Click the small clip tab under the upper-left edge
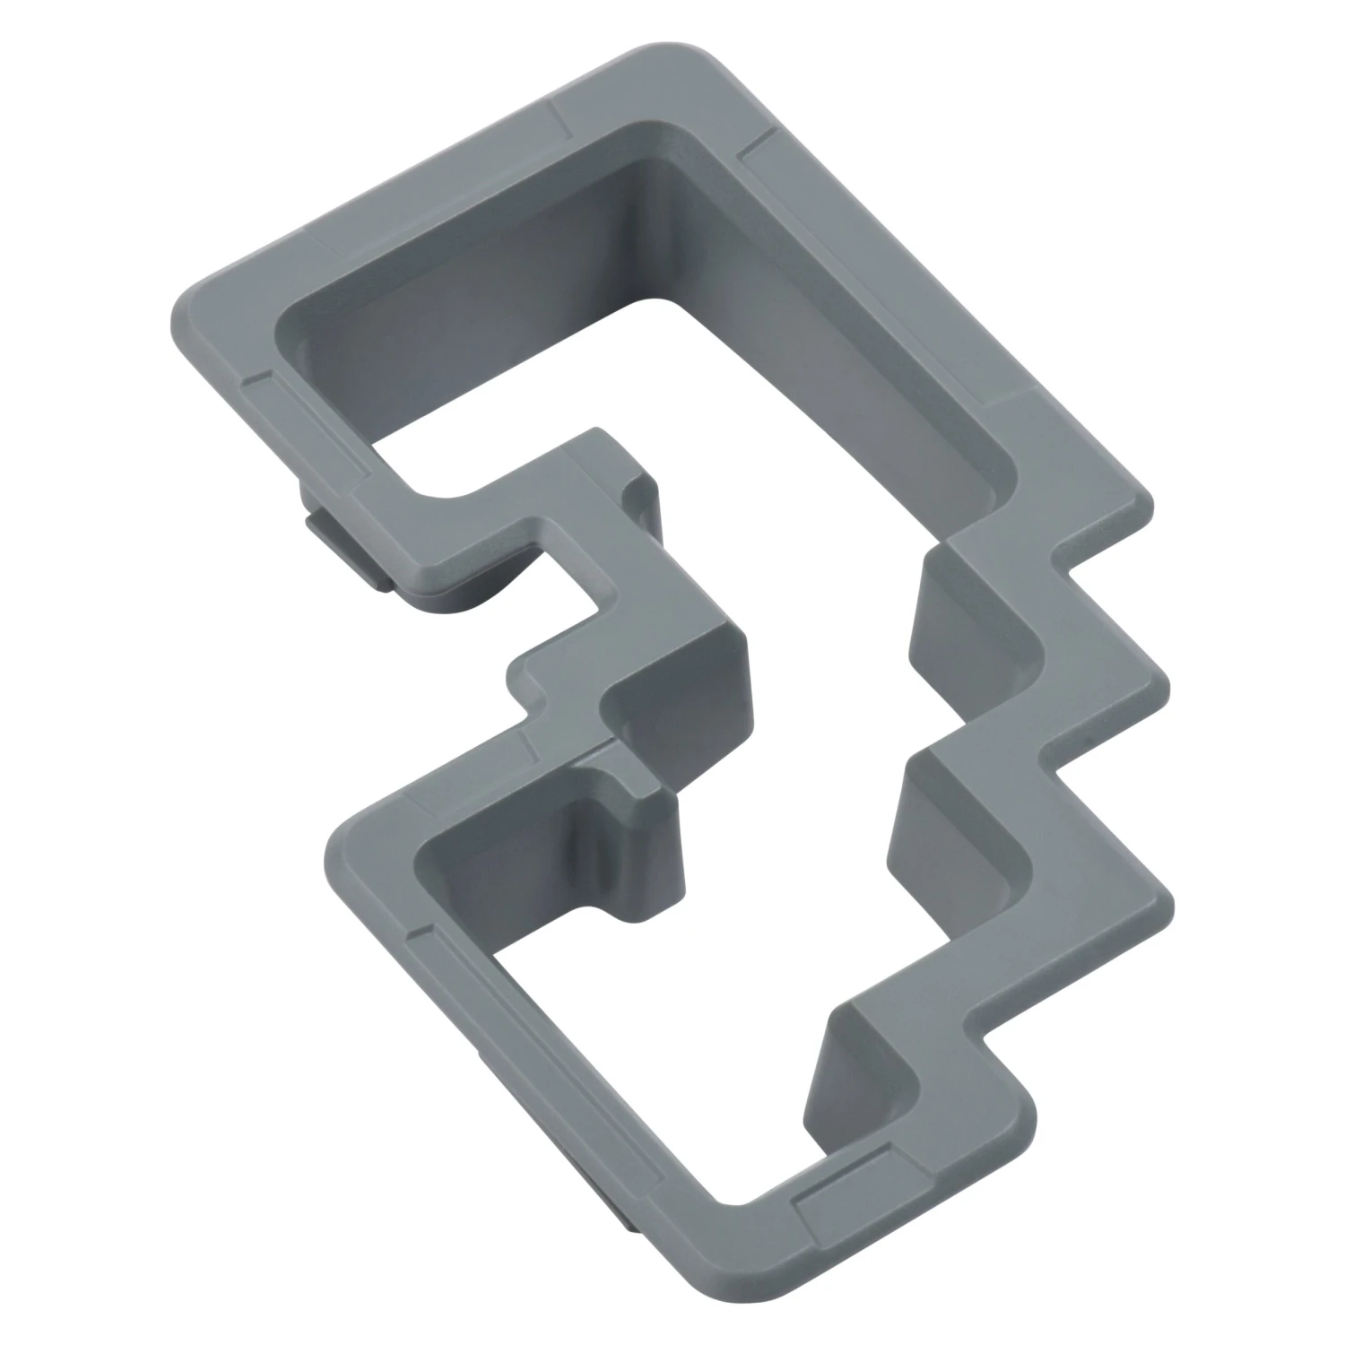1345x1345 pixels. point(345,547)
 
